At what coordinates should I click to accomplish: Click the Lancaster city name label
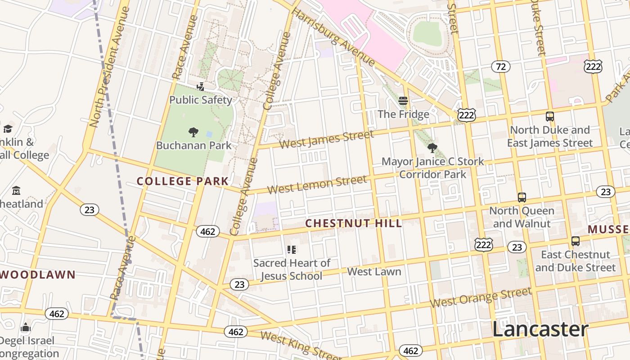(540, 329)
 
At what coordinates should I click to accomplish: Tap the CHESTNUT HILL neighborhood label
(354, 224)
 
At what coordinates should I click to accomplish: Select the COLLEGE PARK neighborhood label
(183, 181)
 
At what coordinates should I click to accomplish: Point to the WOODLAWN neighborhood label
(38, 275)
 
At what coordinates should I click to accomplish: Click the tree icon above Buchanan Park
(193, 132)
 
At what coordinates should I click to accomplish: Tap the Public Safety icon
(201, 86)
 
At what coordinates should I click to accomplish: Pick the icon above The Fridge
(403, 101)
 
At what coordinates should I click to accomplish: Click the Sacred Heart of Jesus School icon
(292, 249)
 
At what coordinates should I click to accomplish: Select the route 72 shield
(500, 67)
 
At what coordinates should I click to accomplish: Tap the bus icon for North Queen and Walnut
(522, 197)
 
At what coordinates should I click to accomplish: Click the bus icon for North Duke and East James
(549, 117)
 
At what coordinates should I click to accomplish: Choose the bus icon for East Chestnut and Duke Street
(575, 241)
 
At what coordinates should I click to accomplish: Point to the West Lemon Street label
(317, 185)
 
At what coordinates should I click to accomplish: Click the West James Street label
(326, 139)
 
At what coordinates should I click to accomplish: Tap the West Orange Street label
(481, 297)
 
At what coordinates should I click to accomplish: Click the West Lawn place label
(374, 272)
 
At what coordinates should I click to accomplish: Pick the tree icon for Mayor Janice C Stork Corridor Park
(432, 148)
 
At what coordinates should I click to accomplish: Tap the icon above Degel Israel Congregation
(26, 327)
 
